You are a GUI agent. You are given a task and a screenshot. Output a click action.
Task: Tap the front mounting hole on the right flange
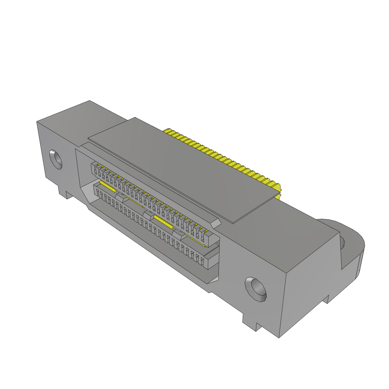(256, 289)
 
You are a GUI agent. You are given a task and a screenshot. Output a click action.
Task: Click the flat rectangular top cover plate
(182, 167)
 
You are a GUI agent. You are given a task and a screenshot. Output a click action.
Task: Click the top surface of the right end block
(289, 224)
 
